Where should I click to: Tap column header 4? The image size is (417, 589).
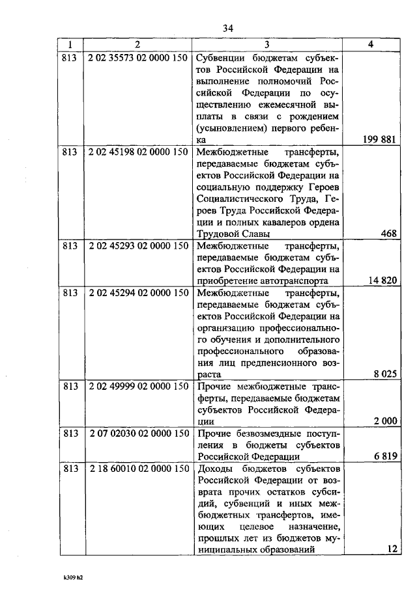[x=371, y=44]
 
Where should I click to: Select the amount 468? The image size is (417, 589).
[x=389, y=234]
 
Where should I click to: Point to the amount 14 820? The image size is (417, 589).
[x=382, y=281]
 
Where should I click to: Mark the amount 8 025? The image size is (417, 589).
[x=385, y=375]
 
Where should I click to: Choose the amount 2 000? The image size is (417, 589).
[x=385, y=422]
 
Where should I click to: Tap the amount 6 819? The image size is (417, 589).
[x=385, y=457]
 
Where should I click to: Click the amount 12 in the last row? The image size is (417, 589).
[x=392, y=549]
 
